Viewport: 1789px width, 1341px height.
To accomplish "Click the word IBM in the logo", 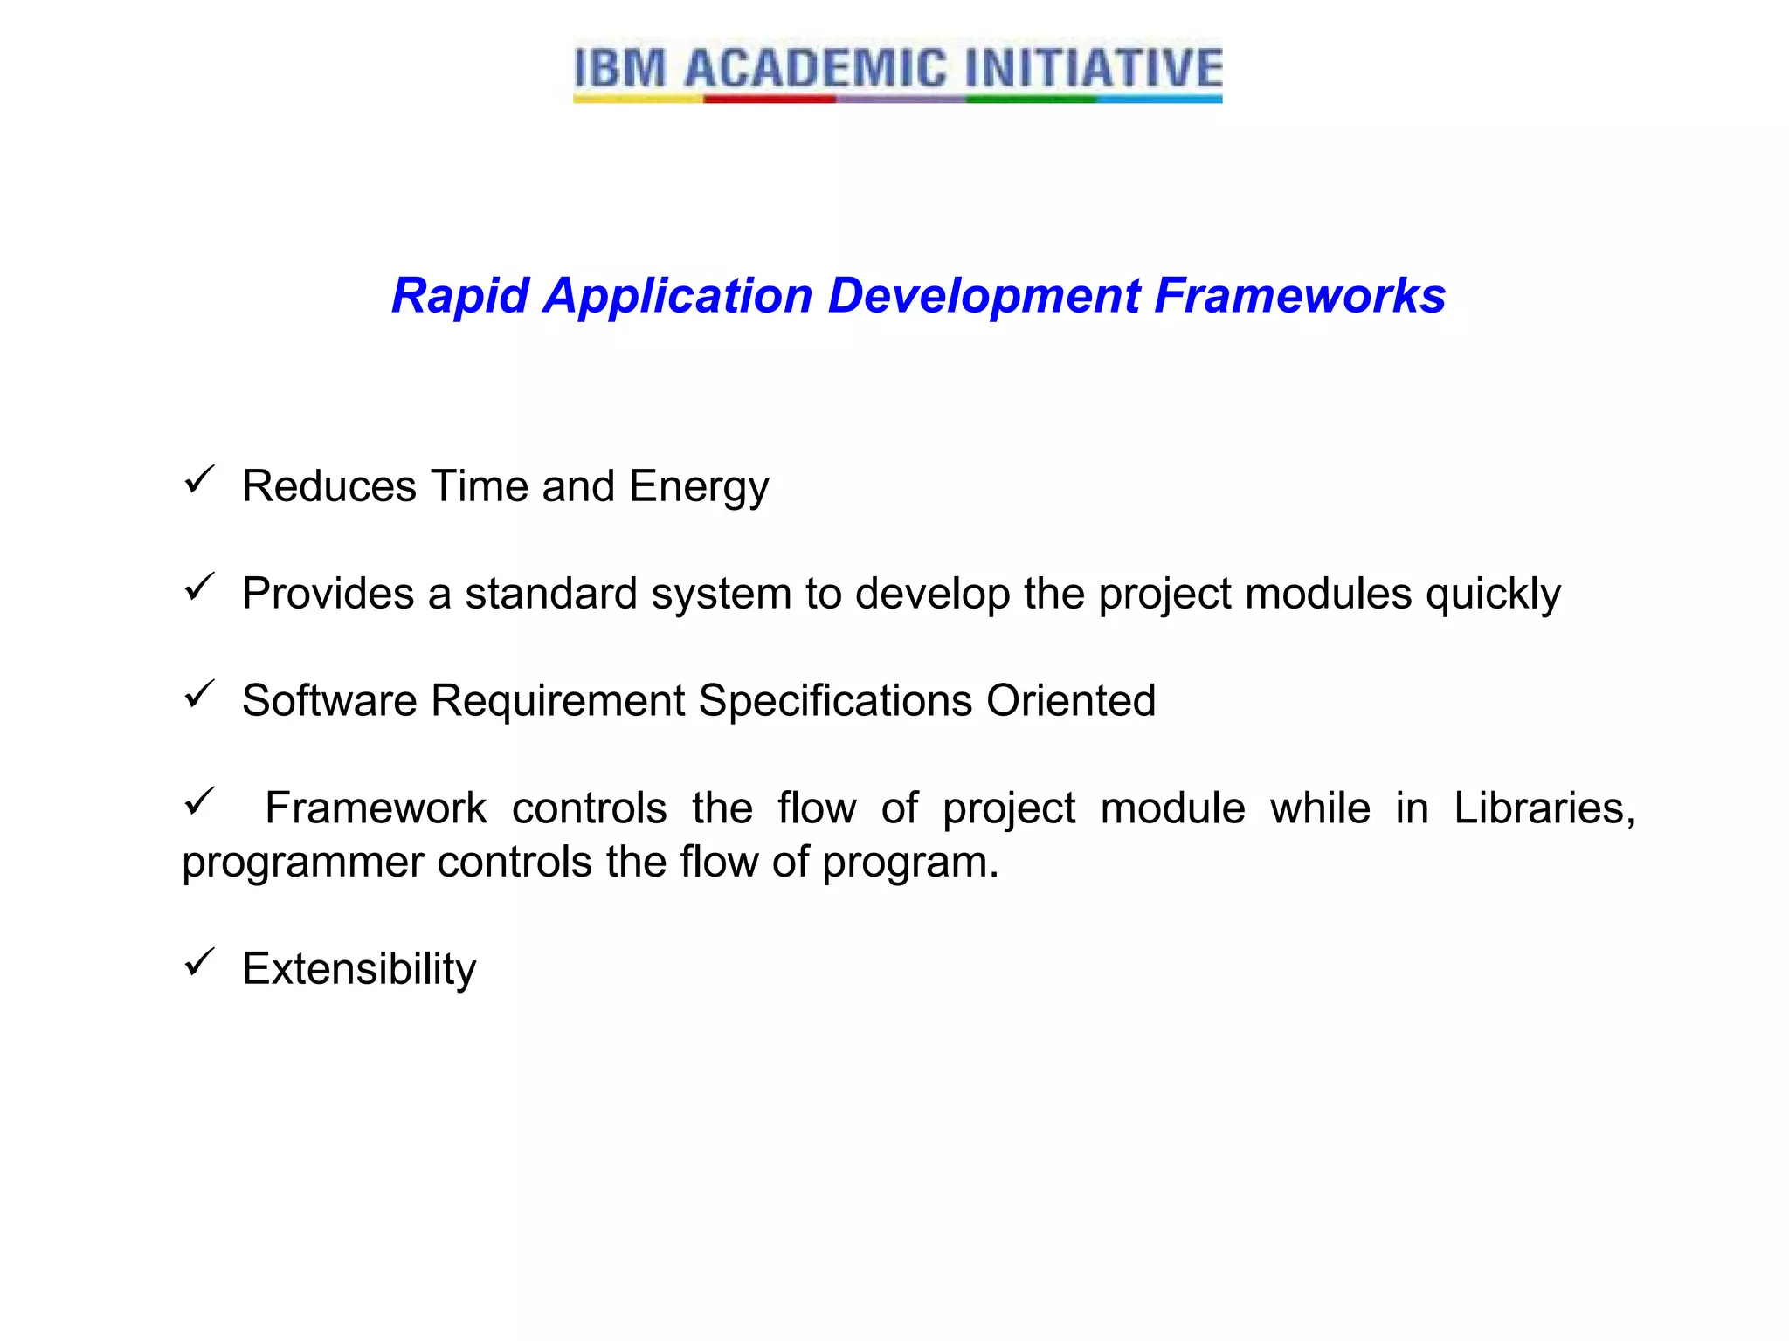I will tap(620, 68).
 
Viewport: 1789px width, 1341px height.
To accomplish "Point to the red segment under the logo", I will tap(769, 100).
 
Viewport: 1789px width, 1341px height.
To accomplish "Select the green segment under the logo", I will tap(1031, 100).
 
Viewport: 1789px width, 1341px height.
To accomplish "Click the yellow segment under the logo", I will tap(638, 100).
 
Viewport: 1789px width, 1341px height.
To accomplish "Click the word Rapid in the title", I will tap(459, 296).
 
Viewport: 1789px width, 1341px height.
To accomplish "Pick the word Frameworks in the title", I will tap(1300, 296).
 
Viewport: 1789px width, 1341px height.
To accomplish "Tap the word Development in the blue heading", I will tap(984, 296).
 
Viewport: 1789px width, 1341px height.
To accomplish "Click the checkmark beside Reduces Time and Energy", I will tap(199, 480).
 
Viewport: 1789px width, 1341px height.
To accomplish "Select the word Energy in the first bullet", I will tap(699, 487).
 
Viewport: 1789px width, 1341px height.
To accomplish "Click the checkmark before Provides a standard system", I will tap(199, 588).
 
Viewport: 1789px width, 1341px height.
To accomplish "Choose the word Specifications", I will tap(835, 701).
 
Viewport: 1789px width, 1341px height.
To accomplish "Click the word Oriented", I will tap(1071, 701).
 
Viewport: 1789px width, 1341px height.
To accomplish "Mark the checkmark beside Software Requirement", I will tap(199, 695).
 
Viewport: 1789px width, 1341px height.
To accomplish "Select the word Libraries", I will tap(1543, 808).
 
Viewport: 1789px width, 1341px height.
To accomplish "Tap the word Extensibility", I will tap(359, 969).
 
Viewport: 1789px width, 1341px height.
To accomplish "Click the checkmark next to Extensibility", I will tap(199, 963).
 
